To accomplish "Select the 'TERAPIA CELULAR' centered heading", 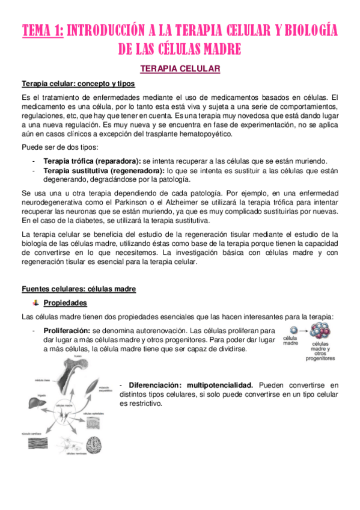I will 180,69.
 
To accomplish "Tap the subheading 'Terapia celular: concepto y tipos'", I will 78,84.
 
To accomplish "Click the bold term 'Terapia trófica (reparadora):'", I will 92,161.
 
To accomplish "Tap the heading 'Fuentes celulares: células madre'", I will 79,289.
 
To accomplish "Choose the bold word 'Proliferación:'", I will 67,330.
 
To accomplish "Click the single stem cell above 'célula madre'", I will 293,330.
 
